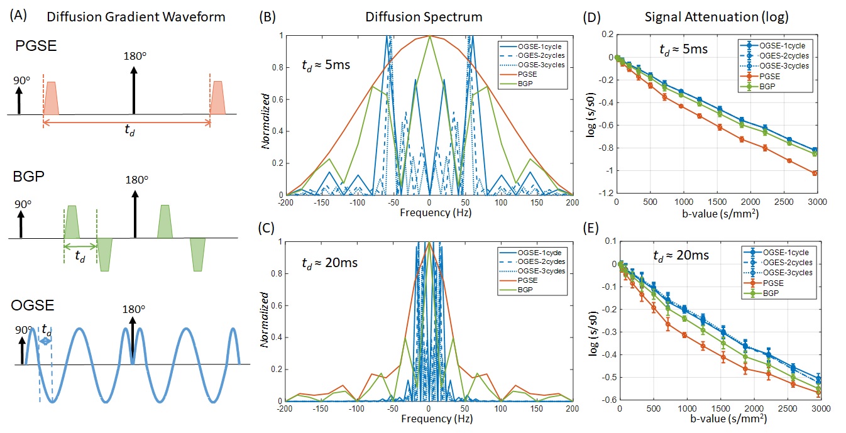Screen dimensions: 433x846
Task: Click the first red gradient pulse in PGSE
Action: click(x=51, y=98)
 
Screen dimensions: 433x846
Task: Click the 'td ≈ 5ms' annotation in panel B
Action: click(x=326, y=63)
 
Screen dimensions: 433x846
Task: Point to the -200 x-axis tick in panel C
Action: click(x=286, y=408)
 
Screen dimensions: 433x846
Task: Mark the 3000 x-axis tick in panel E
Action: click(x=817, y=408)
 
